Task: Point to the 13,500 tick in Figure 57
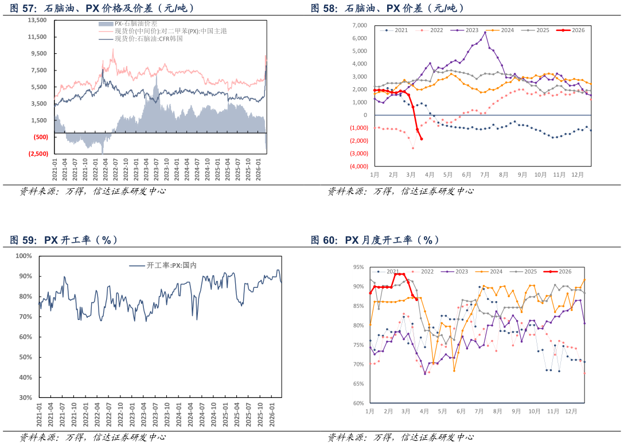[37, 20]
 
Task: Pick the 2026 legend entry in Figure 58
[571, 30]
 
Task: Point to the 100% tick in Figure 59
[24, 256]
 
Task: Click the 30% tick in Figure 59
[25, 397]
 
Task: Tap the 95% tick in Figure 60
[358, 267]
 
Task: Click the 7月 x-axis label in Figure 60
[478, 411]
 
